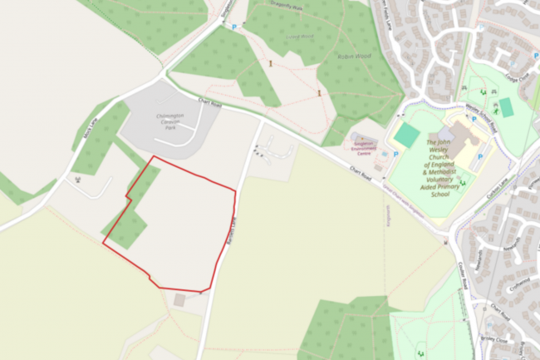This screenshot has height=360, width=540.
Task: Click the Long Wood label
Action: coord(300,36)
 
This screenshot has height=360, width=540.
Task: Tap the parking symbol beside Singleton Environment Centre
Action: coord(396,155)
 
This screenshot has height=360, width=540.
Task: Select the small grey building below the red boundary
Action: coord(180,299)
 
